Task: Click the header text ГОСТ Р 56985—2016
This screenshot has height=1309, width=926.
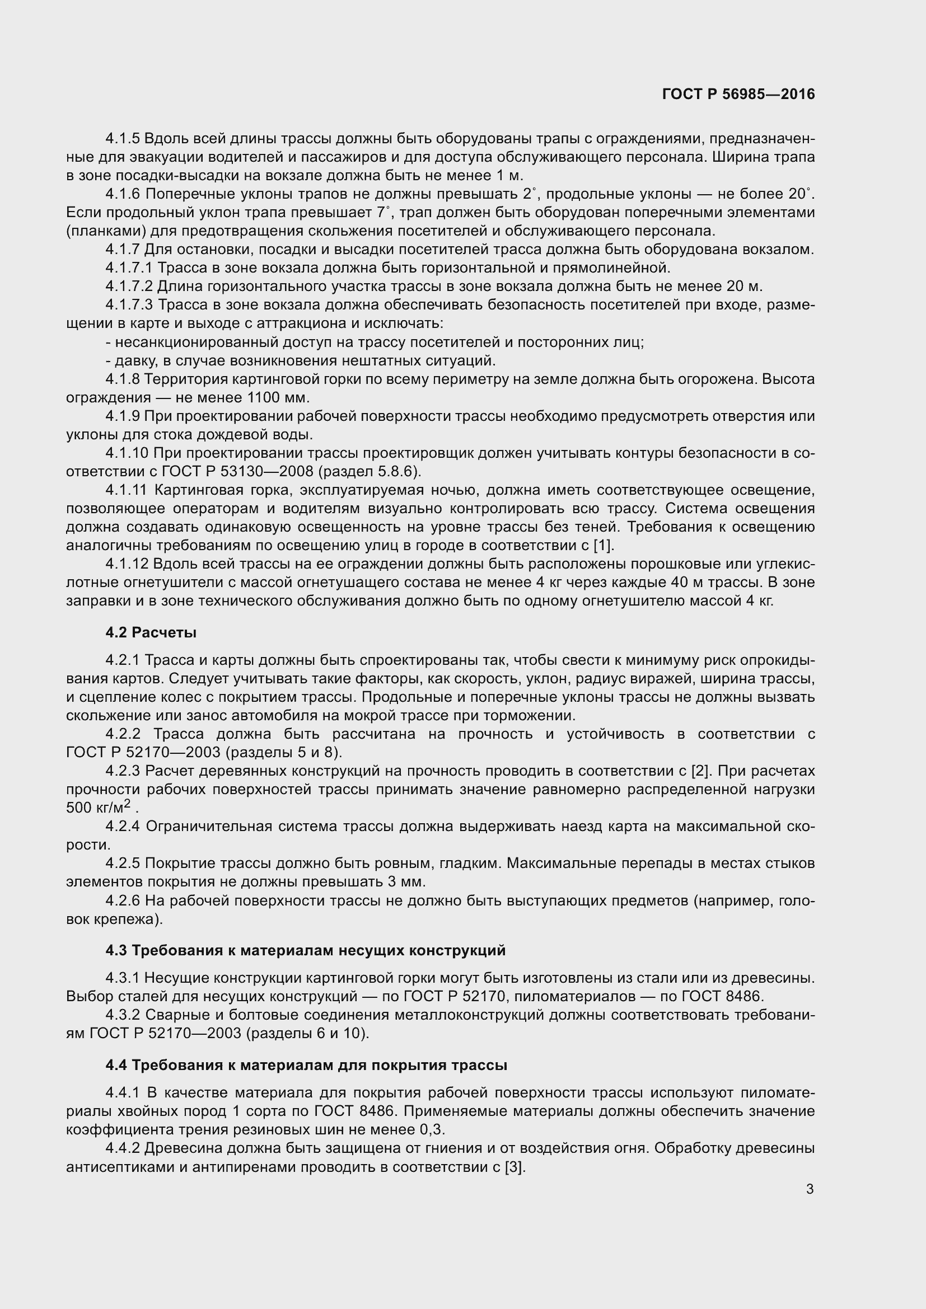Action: click(x=738, y=95)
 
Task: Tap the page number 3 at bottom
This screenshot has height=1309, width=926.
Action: click(x=810, y=1189)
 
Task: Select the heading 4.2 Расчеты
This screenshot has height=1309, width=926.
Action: click(x=151, y=632)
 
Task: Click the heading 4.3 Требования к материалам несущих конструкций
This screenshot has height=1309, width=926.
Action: click(x=306, y=950)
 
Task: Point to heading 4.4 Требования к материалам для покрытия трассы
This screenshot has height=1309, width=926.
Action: click(x=306, y=1065)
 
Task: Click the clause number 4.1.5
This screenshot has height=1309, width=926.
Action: click(x=123, y=139)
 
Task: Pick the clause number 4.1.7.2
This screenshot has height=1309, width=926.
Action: click(x=129, y=286)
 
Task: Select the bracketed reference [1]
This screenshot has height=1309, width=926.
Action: click(x=604, y=545)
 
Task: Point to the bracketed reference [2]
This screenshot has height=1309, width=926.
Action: click(x=700, y=771)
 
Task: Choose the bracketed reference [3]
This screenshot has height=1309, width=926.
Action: click(x=514, y=1166)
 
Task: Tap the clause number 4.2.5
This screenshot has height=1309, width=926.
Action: click(x=123, y=863)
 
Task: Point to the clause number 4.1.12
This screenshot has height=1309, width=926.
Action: click(x=127, y=564)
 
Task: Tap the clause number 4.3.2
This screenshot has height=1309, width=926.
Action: click(x=123, y=1015)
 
